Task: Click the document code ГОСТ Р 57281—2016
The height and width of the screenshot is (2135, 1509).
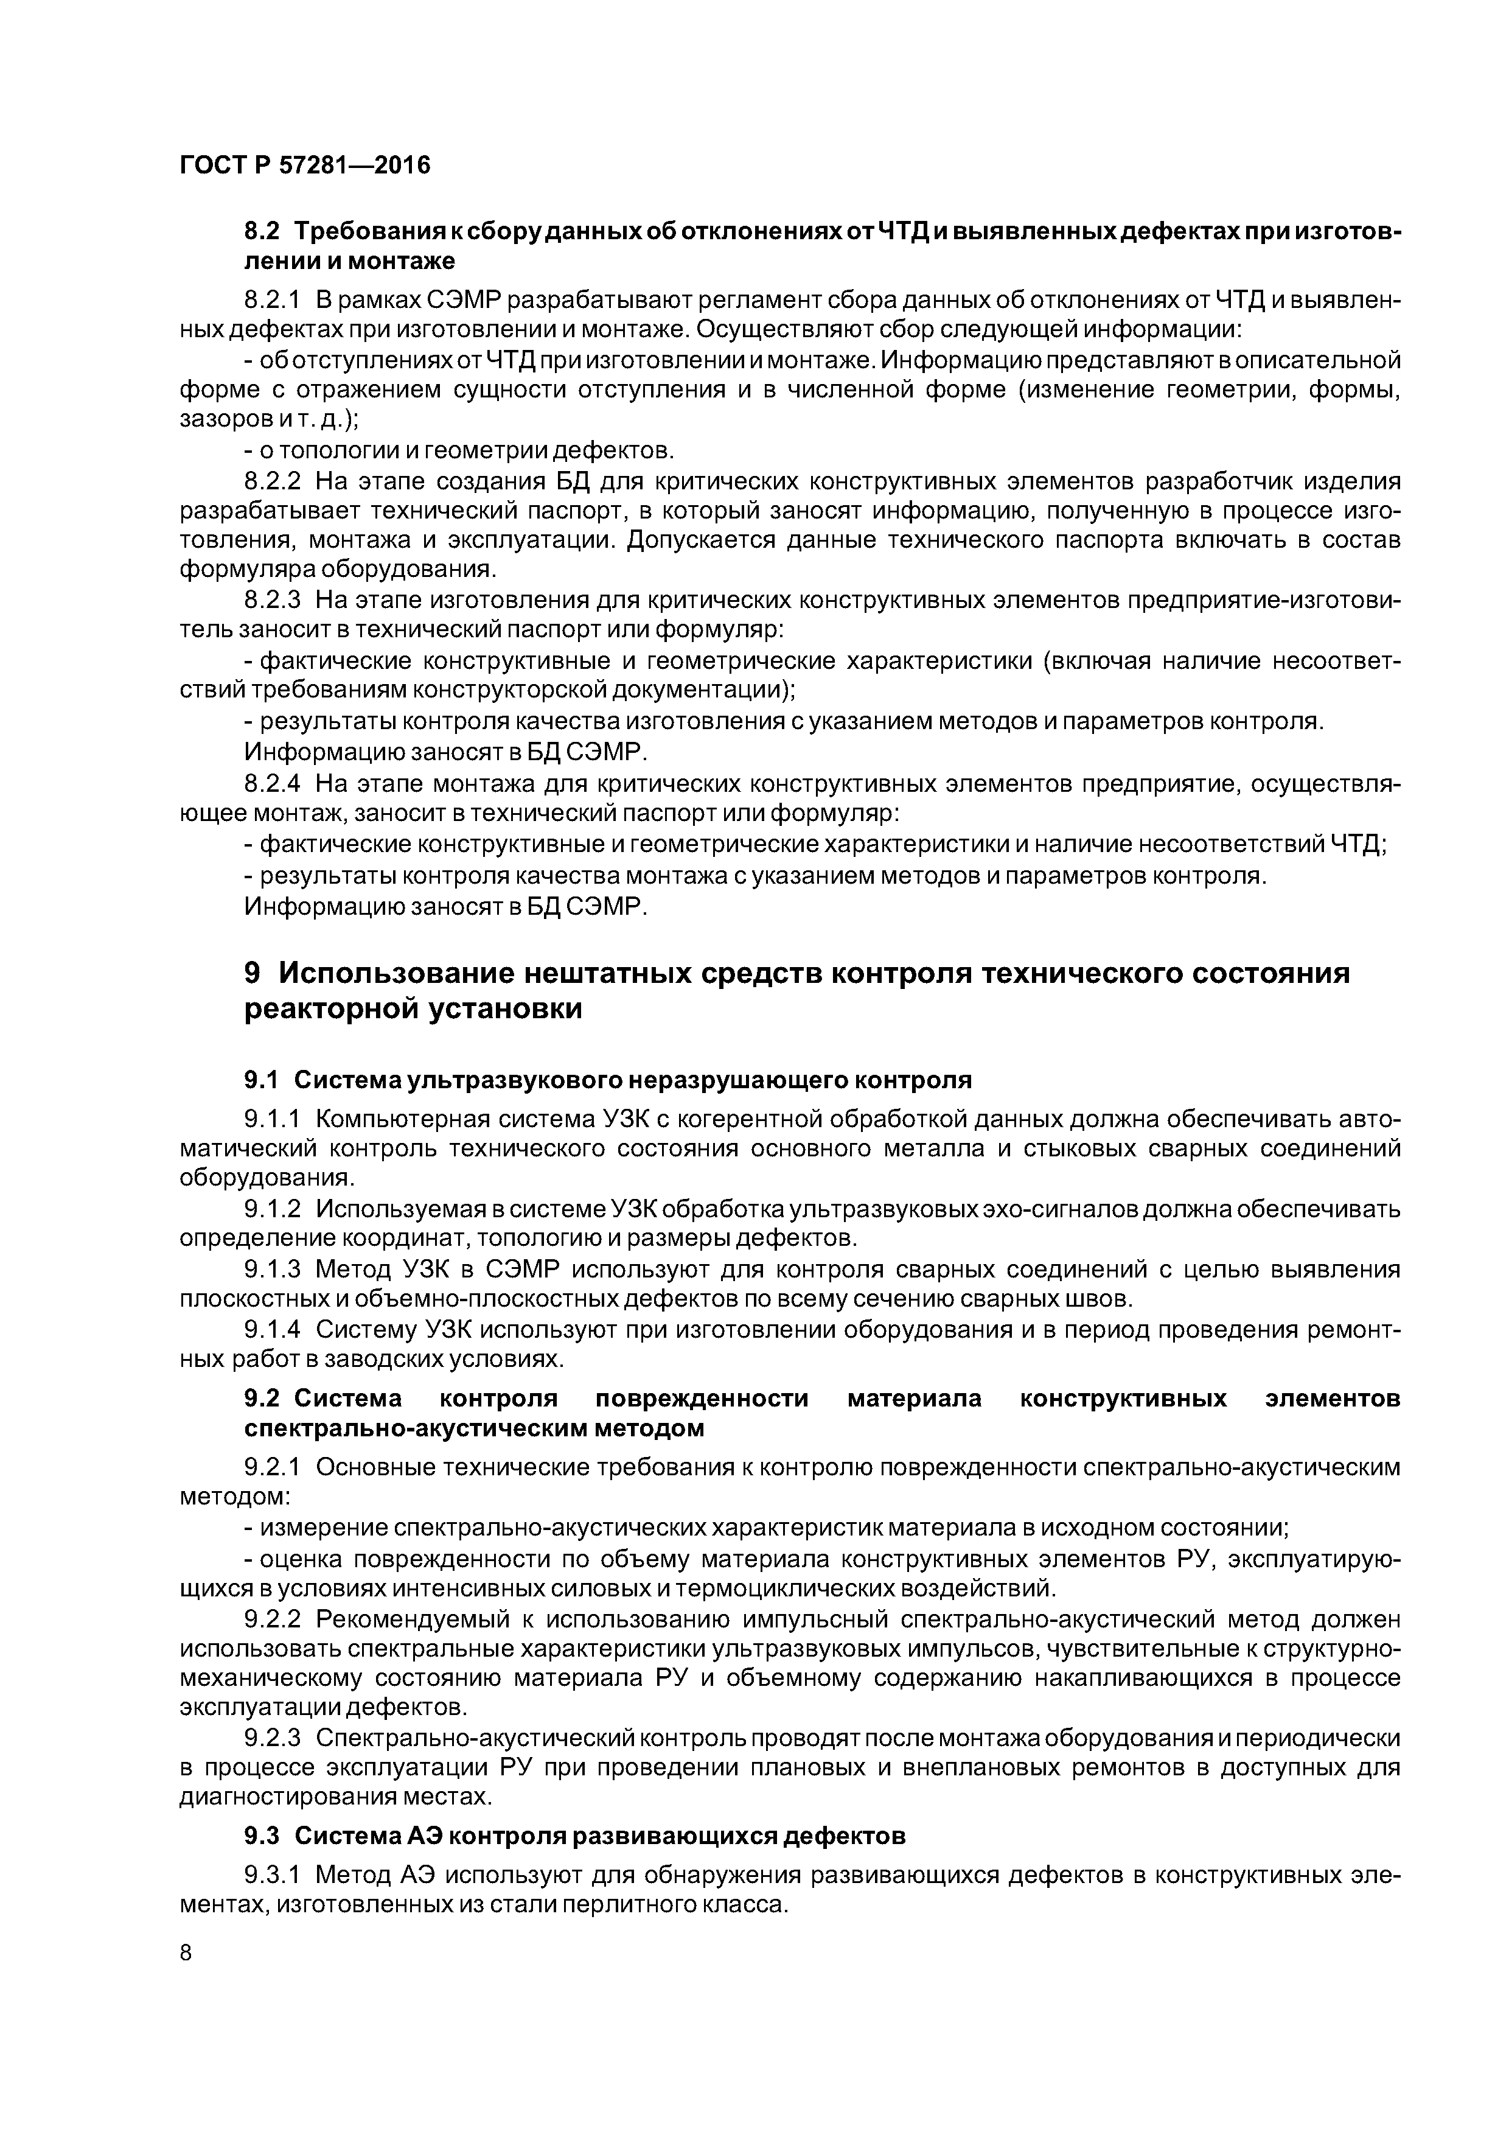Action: tap(305, 166)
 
